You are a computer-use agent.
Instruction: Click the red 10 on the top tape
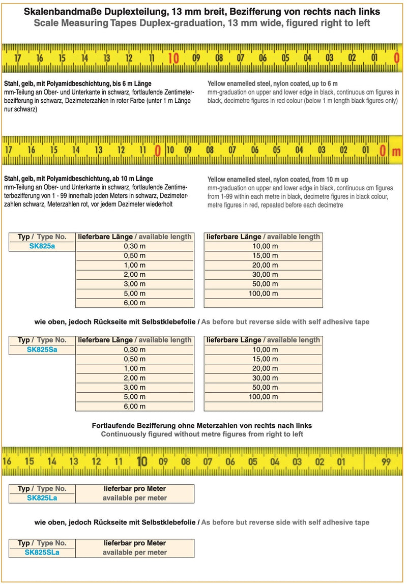tap(173, 59)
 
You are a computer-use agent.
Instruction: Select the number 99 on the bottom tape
tap(386, 462)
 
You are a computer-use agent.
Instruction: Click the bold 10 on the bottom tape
tap(142, 461)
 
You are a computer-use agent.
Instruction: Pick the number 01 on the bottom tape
tap(341, 462)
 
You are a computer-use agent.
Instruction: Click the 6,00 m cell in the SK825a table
tap(135, 303)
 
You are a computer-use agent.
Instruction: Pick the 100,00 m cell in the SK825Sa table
tap(263, 397)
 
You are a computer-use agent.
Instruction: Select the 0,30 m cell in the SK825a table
tap(135, 246)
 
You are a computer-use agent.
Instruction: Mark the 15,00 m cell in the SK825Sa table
tap(263, 359)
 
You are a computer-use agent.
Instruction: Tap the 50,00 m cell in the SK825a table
tap(263, 284)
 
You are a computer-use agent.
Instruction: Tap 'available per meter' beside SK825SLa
tap(135, 552)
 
